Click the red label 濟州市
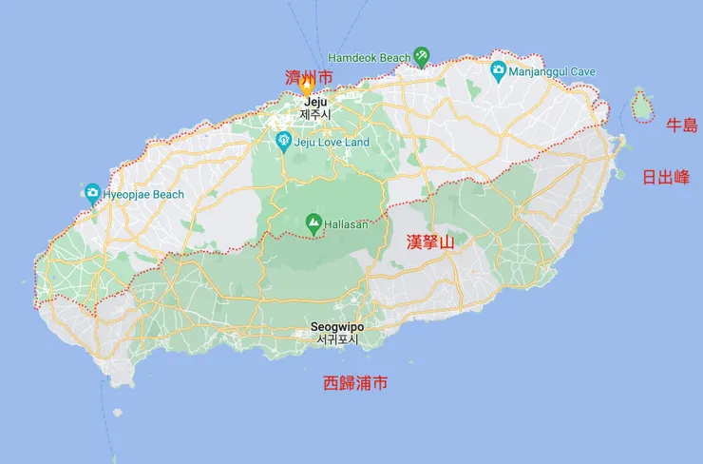pos(309,76)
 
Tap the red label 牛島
pos(681,126)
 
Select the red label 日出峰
pos(666,177)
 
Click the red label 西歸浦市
pos(354,384)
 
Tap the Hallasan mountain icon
pos(313,222)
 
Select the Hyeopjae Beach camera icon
pos(91,194)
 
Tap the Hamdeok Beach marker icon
pos(422,57)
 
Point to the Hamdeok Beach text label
pos(369,58)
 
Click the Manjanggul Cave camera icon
pos(497,69)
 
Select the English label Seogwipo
pos(337,326)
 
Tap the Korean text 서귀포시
pos(337,339)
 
